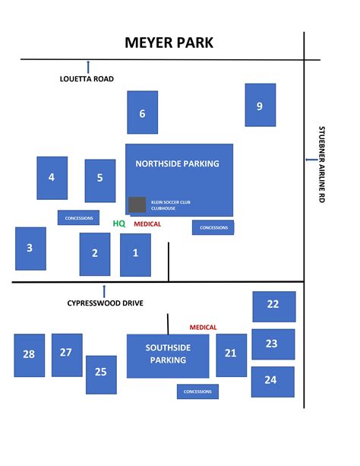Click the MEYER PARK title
point(169,43)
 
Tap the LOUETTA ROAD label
point(87,79)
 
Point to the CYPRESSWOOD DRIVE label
point(105,303)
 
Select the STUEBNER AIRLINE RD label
point(322,164)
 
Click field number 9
point(261,105)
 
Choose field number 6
point(143,113)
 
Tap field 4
point(52,178)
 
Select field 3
point(30,249)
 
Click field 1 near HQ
point(135,255)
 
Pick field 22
point(274,306)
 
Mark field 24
point(273,382)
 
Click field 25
point(101,375)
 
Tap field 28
point(30,356)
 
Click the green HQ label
point(119,223)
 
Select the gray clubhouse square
point(137,204)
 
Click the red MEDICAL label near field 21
point(204,328)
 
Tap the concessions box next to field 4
point(78,218)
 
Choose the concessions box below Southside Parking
point(197,392)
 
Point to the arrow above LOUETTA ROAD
point(88,67)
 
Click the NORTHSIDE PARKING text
point(177,163)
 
